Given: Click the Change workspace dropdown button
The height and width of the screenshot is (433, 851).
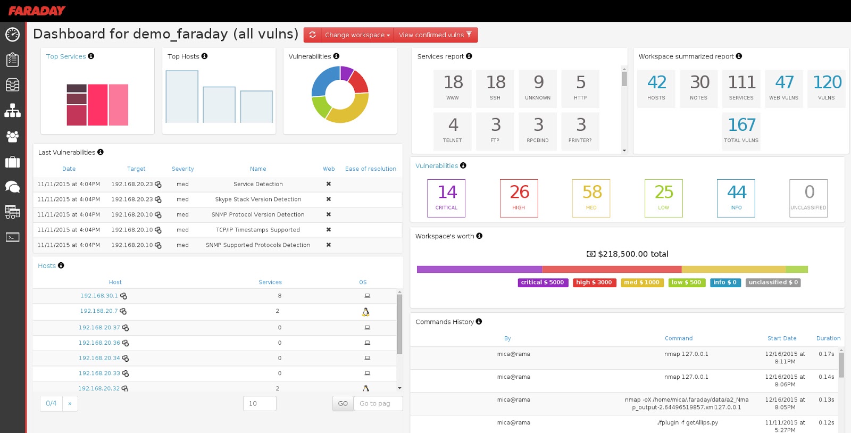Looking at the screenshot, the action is click(x=357, y=35).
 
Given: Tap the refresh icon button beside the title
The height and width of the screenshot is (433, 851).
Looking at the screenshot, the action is click(x=312, y=35).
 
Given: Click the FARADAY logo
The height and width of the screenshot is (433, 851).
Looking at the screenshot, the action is click(x=37, y=11).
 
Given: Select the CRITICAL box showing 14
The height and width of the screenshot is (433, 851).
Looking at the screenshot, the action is click(x=446, y=198).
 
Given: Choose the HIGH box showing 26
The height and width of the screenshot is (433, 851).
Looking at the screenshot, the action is click(x=519, y=198).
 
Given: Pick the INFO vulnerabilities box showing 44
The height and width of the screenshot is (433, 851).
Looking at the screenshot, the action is click(x=736, y=198).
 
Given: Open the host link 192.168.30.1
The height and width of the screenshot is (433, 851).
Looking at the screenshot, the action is click(x=99, y=296).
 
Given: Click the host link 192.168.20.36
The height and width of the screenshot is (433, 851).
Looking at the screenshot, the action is click(x=99, y=343).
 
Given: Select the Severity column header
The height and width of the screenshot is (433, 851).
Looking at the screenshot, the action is click(x=183, y=169).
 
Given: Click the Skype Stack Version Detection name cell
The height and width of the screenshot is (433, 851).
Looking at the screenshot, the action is click(x=258, y=199).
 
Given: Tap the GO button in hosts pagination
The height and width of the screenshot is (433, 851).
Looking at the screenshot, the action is click(x=343, y=403).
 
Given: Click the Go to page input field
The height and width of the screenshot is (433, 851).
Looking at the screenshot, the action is click(x=378, y=403).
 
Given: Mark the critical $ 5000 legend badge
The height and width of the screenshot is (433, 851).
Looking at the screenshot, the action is click(x=543, y=282).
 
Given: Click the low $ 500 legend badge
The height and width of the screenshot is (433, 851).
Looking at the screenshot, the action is click(x=687, y=282).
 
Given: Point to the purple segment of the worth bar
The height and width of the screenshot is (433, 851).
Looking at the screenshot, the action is click(x=479, y=269).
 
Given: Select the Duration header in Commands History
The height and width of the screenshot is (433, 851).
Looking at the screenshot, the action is click(x=828, y=338).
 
